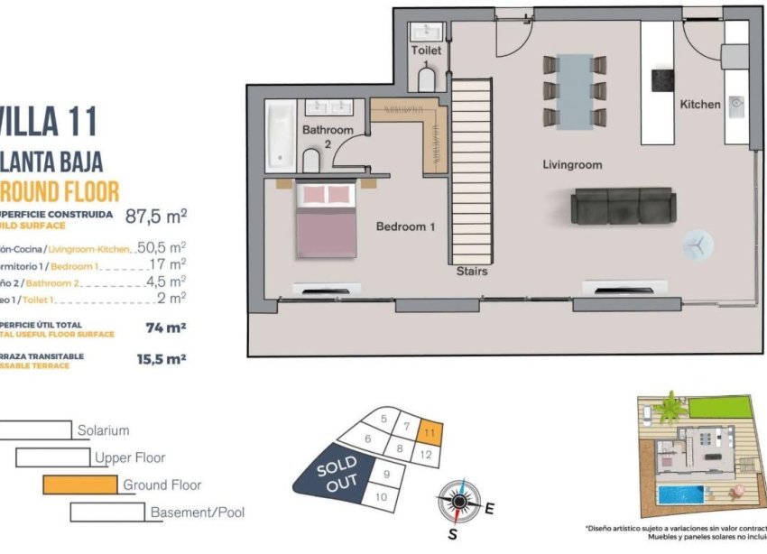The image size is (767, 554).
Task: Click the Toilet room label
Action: pyautogui.click(x=427, y=51)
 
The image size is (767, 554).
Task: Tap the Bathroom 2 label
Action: pyautogui.click(x=328, y=136)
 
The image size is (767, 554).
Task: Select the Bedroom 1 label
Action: pyautogui.click(x=405, y=226)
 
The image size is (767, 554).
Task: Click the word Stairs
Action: pyautogui.click(x=472, y=271)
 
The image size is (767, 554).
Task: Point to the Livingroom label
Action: pyautogui.click(x=572, y=165)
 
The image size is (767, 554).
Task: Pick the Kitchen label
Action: pyautogui.click(x=700, y=105)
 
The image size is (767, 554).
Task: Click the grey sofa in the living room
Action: pyautogui.click(x=622, y=207)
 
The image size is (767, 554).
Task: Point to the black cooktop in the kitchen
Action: pyautogui.click(x=664, y=79)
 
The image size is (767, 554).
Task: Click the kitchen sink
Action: pyautogui.click(x=737, y=108)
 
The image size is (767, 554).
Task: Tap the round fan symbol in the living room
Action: pyautogui.click(x=697, y=244)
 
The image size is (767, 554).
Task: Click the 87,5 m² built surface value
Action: pyautogui.click(x=156, y=217)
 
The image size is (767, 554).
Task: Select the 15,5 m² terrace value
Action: pyautogui.click(x=162, y=358)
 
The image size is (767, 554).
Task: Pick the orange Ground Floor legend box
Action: pyautogui.click(x=80, y=485)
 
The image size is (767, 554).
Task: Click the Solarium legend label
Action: pyautogui.click(x=103, y=431)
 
